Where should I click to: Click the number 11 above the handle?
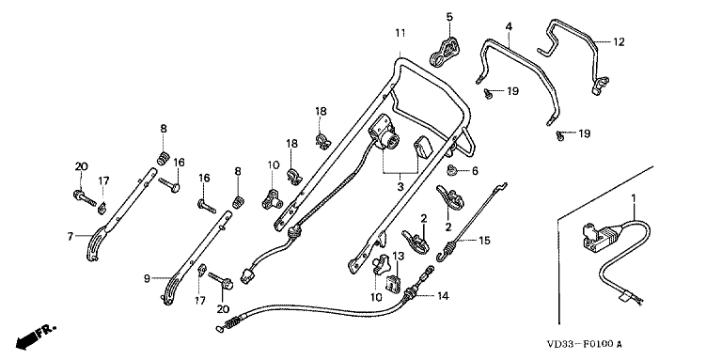pyautogui.click(x=400, y=33)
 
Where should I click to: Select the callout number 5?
pyautogui.click(x=449, y=17)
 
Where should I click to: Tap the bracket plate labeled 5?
pyautogui.click(x=446, y=52)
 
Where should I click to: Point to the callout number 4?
pyautogui.click(x=509, y=27)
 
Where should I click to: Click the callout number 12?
pyautogui.click(x=619, y=42)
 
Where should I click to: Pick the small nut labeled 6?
pyautogui.click(x=452, y=171)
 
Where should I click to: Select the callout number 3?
pyautogui.click(x=400, y=187)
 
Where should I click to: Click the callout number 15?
pyautogui.click(x=484, y=241)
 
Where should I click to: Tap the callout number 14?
pyautogui.click(x=443, y=295)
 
